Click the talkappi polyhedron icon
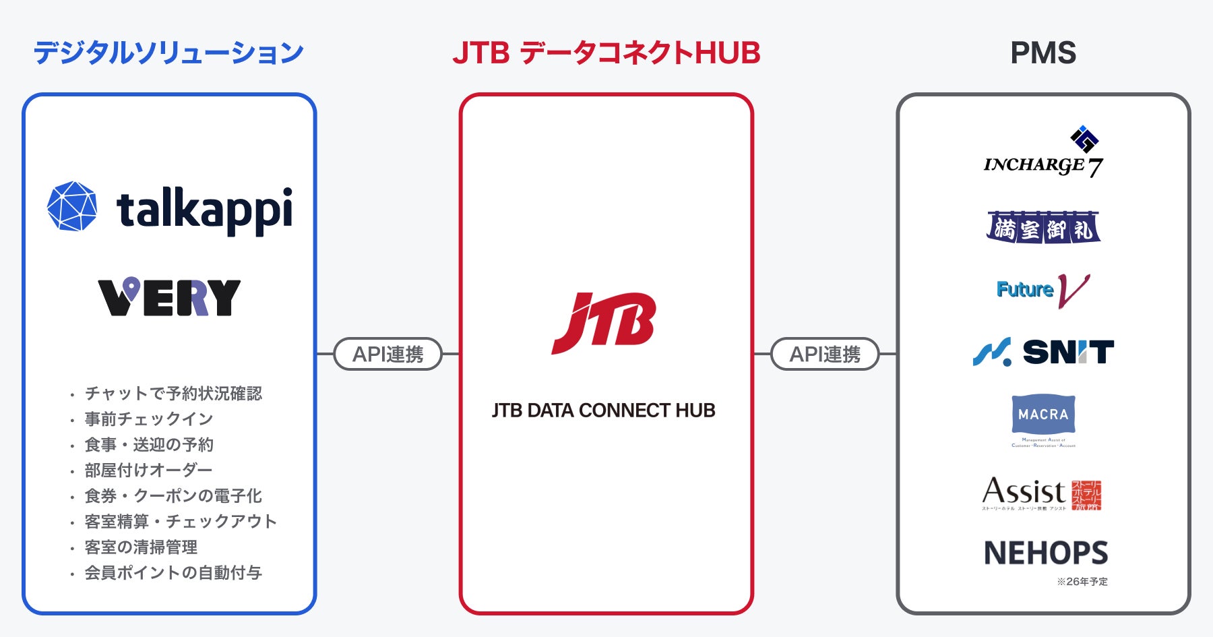click(x=72, y=206)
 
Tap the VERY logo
click(x=169, y=297)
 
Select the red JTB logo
click(x=604, y=322)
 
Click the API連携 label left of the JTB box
click(x=387, y=354)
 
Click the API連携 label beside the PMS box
click(x=825, y=354)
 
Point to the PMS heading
click(x=1043, y=53)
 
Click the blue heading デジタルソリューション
click(x=168, y=53)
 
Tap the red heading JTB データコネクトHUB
click(x=606, y=53)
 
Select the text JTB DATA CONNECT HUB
click(x=603, y=410)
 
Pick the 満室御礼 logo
click(x=1043, y=228)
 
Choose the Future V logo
click(x=1043, y=290)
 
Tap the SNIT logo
click(x=1043, y=352)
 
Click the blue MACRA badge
click(x=1043, y=414)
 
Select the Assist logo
click(x=1042, y=493)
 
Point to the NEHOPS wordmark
click(x=1045, y=553)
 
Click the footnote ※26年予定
click(x=1082, y=582)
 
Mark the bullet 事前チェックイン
click(x=149, y=419)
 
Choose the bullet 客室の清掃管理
click(x=141, y=547)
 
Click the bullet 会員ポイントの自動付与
click(x=173, y=573)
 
